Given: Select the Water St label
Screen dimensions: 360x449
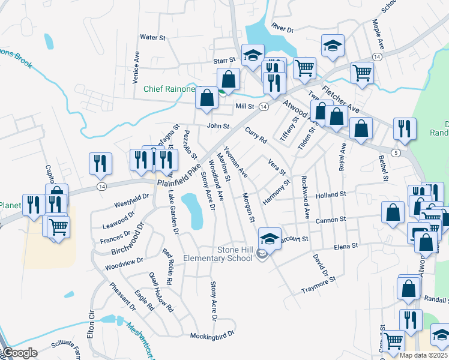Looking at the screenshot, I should click(x=152, y=37).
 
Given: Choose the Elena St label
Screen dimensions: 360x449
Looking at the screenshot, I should click(x=346, y=246).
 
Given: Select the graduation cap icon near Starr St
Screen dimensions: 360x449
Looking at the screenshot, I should click(x=253, y=55).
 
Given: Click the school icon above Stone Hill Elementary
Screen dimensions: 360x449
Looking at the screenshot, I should click(x=270, y=238).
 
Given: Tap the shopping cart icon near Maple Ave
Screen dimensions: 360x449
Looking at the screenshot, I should click(x=362, y=73).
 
